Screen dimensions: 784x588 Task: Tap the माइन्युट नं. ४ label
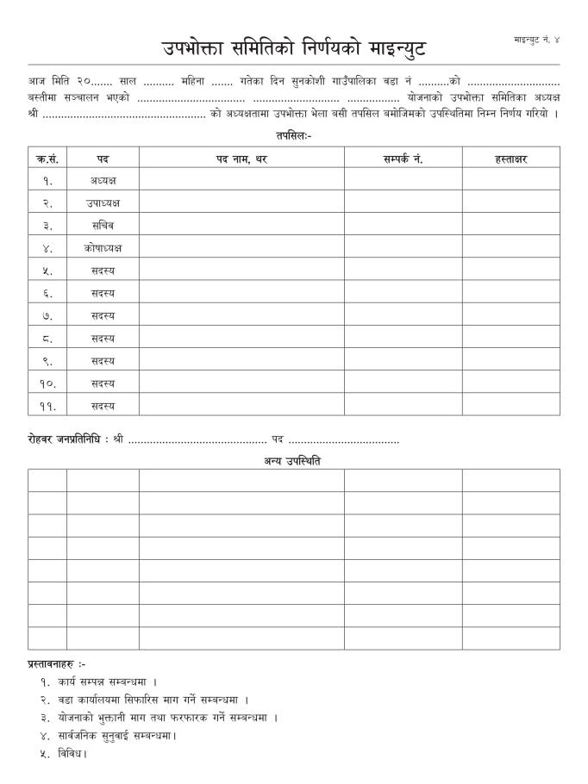(535, 40)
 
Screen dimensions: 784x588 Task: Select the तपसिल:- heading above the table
(293, 136)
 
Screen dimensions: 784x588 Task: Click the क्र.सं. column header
(47, 159)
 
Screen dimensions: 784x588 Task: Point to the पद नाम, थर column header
(241, 159)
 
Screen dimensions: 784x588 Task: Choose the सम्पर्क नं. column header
(403, 159)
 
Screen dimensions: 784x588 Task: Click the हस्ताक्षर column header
(510, 159)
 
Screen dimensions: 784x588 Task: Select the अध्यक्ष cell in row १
(103, 181)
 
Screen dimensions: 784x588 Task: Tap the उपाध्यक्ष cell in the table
(103, 203)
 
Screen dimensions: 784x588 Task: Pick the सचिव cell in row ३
(103, 226)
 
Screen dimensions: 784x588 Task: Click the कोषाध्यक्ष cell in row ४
(103, 248)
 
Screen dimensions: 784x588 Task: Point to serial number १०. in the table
(47, 383)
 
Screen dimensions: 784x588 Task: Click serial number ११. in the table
(47, 405)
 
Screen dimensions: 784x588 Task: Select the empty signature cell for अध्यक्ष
(510, 181)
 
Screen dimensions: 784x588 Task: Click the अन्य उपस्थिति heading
(293, 461)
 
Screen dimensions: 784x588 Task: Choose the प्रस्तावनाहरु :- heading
(56, 664)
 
